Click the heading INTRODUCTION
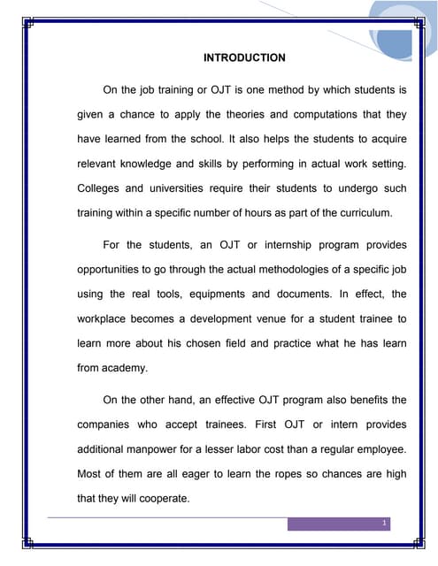(x=244, y=58)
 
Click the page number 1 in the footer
(x=384, y=524)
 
